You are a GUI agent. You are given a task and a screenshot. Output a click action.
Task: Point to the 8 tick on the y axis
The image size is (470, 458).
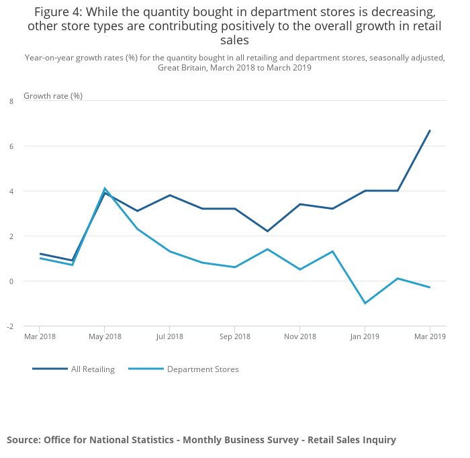[11, 101]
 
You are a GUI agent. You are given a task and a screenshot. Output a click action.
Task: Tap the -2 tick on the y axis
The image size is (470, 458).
[10, 326]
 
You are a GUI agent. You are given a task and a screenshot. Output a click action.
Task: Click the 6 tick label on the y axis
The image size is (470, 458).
[11, 146]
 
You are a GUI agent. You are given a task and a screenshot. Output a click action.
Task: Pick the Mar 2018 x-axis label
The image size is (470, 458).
[40, 336]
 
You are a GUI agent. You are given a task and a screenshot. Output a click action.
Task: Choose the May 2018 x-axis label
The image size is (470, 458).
[105, 336]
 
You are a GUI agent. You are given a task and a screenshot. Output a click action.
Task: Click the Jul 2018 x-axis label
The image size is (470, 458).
[170, 336]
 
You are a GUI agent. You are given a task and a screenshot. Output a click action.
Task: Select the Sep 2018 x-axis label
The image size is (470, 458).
[235, 336]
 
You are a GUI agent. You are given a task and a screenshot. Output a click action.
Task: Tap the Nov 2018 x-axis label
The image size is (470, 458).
[299, 336]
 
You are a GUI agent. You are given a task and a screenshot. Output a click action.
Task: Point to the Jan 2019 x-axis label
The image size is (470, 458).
[365, 336]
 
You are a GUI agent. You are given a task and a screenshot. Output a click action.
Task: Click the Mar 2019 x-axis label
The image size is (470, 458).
[429, 336]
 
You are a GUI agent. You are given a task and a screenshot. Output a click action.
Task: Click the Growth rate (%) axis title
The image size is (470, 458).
[53, 95]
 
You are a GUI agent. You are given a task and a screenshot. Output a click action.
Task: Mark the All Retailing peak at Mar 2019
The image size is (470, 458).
[430, 130]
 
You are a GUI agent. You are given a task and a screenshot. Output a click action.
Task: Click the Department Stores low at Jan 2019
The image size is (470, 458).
[365, 303]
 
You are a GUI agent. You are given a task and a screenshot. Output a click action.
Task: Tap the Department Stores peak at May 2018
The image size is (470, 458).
[105, 188]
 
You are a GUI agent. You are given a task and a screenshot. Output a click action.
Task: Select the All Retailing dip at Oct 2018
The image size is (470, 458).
[267, 231]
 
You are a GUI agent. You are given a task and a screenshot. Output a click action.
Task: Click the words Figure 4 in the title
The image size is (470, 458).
[56, 12]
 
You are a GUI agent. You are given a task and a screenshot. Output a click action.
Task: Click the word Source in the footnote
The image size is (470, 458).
[23, 440]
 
